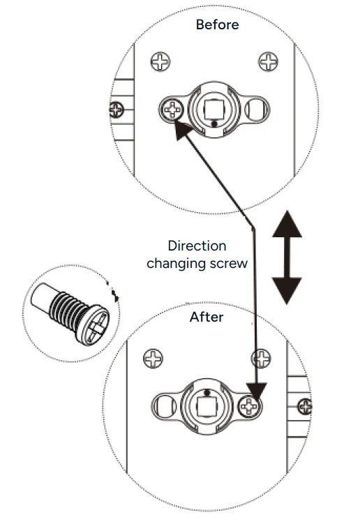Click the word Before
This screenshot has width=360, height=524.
217,24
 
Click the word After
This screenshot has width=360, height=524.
207,317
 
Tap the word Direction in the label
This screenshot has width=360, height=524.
197,246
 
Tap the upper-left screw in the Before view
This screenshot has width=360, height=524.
160,61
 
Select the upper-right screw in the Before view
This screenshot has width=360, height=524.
268,61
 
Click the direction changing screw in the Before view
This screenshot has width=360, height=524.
172,110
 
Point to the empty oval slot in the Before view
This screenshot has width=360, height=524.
257,109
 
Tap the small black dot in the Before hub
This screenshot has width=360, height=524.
215,124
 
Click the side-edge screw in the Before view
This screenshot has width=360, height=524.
117,110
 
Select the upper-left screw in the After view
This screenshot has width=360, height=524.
153,358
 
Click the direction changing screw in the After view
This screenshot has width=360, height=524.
250,406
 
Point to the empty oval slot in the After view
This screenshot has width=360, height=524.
165,406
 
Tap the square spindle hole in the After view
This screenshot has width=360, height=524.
207,407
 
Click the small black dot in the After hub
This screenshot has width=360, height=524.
207,392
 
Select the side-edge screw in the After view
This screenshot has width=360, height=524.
305,407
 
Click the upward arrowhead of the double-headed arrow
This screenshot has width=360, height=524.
287,224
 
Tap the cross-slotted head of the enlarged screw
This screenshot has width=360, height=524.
96,325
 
